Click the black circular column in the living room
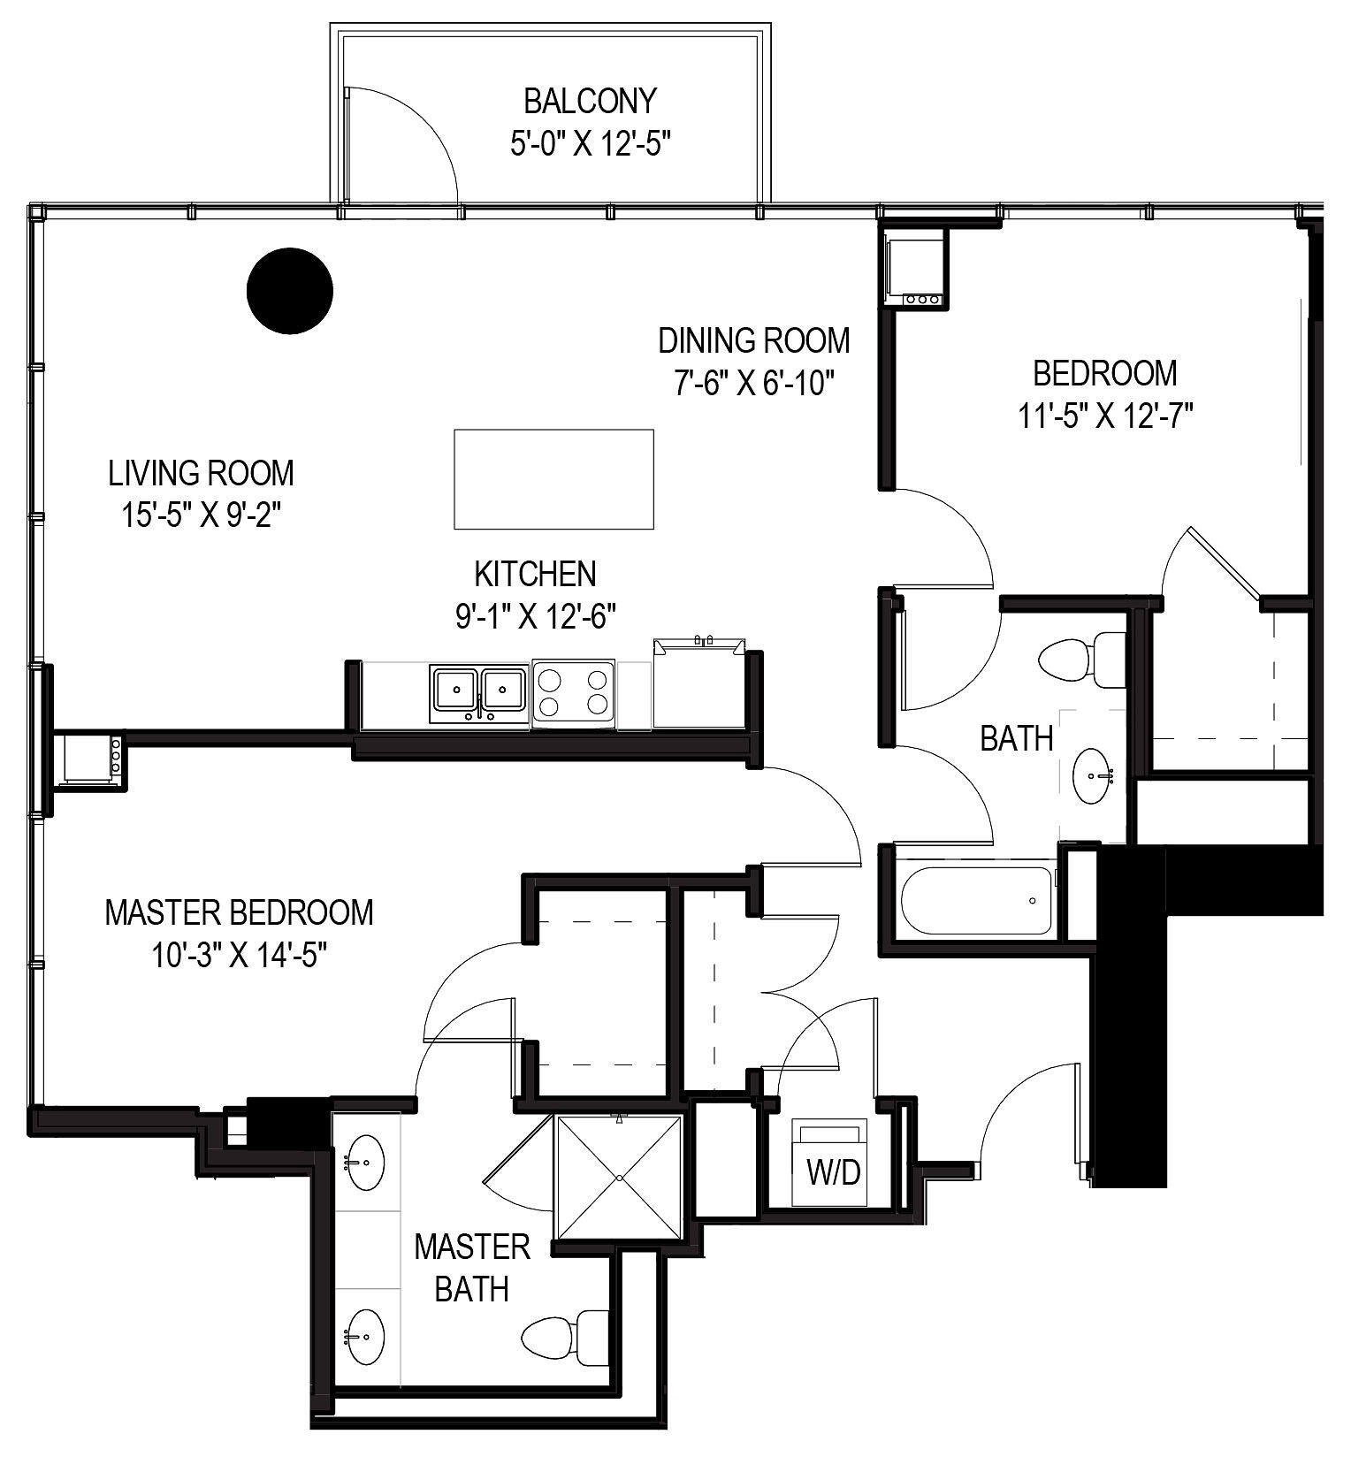(289, 291)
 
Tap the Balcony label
(590, 101)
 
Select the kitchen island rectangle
(553, 479)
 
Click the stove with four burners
(574, 694)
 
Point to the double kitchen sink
(479, 694)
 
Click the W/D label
(833, 1172)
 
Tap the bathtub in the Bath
(976, 901)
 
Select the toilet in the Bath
(1079, 660)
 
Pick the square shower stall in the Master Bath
(620, 1178)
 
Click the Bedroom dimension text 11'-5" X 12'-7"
(1105, 416)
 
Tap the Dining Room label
(753, 340)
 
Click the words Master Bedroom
(239, 912)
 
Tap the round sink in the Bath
(1092, 776)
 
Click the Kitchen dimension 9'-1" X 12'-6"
(535, 615)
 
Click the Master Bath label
(471, 1268)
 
